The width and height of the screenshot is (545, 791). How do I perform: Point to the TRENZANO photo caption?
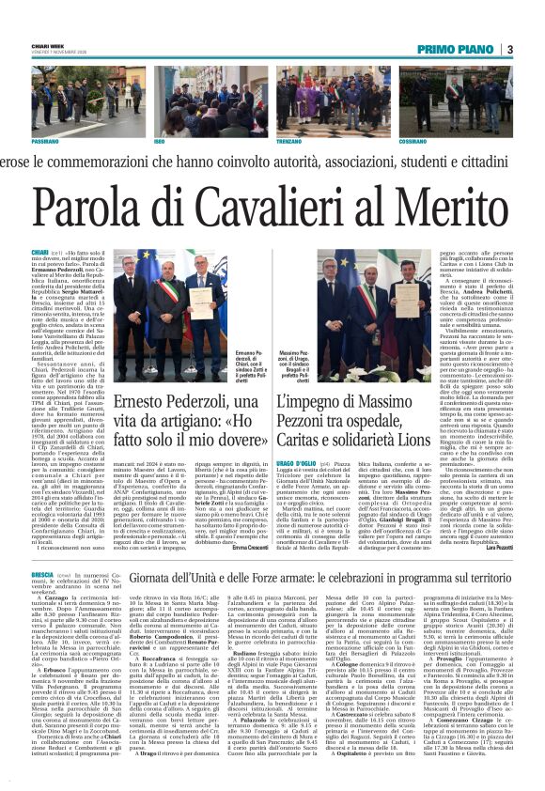(288, 139)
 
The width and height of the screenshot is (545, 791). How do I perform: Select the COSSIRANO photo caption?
(412, 139)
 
